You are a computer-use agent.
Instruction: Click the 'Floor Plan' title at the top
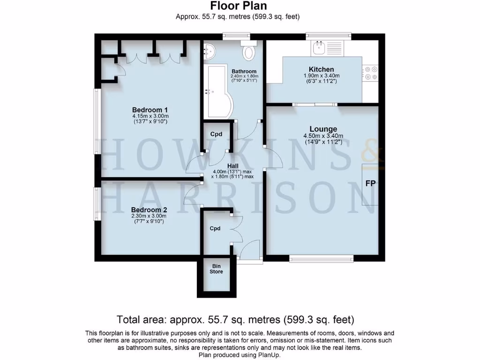238,6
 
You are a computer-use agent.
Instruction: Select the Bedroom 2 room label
149,210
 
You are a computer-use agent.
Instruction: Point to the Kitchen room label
321,69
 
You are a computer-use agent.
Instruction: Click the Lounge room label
323,129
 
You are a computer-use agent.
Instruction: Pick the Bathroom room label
243,71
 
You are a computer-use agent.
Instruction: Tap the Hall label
233,166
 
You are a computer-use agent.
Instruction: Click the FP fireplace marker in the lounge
371,183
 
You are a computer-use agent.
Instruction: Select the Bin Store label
216,269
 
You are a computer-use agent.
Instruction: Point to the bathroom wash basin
210,50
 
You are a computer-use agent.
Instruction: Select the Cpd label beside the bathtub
216,135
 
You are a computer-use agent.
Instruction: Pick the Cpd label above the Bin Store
215,229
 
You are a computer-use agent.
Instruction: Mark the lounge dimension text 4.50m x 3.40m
323,136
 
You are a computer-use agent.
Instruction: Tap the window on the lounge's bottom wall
321,257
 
